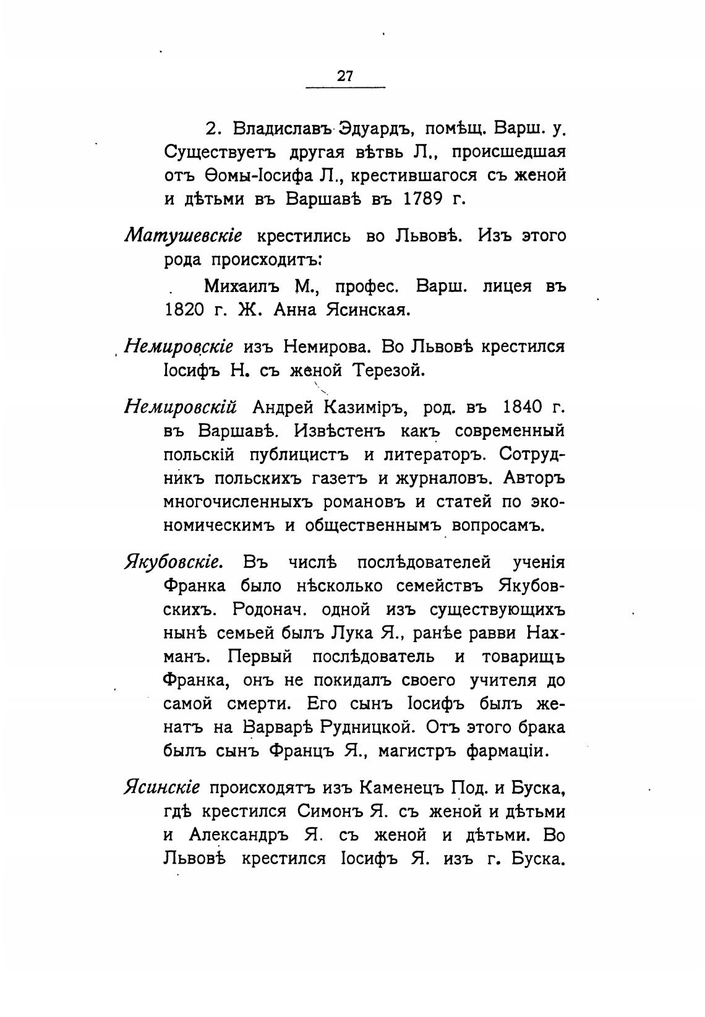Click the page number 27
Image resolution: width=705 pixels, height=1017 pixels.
pyautogui.click(x=345, y=76)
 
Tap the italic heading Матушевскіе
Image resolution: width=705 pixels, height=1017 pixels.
pyautogui.click(x=184, y=237)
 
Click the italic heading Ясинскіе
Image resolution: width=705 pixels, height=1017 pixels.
pyautogui.click(x=162, y=788)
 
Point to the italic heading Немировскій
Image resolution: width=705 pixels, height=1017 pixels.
pyautogui.click(x=181, y=408)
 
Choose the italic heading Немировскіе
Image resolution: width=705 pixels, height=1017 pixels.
pyautogui.click(x=179, y=346)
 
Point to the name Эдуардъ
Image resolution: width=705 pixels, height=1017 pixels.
pyautogui.click(x=375, y=129)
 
